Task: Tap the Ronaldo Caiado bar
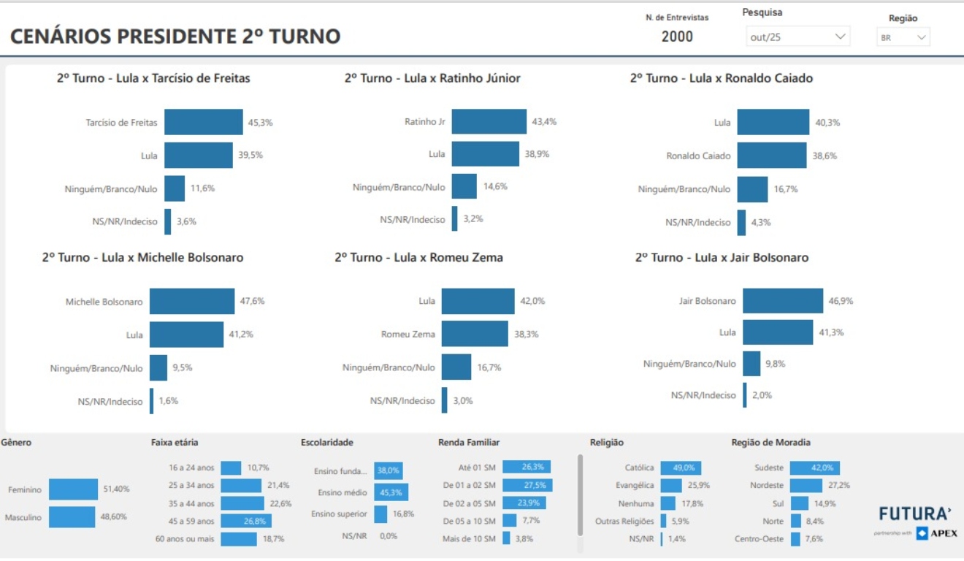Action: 771,156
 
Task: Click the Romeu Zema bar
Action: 475,334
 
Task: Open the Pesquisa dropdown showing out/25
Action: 797,37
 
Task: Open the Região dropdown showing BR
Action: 903,37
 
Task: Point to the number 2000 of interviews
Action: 677,37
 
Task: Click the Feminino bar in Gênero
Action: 73,489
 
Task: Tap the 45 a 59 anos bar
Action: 246,521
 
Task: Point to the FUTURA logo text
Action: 915,514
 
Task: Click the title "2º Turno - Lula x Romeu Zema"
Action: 418,258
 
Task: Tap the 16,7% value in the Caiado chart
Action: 786,189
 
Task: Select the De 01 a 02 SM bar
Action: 527,485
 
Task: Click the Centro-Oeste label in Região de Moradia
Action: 759,539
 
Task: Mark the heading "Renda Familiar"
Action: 469,443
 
